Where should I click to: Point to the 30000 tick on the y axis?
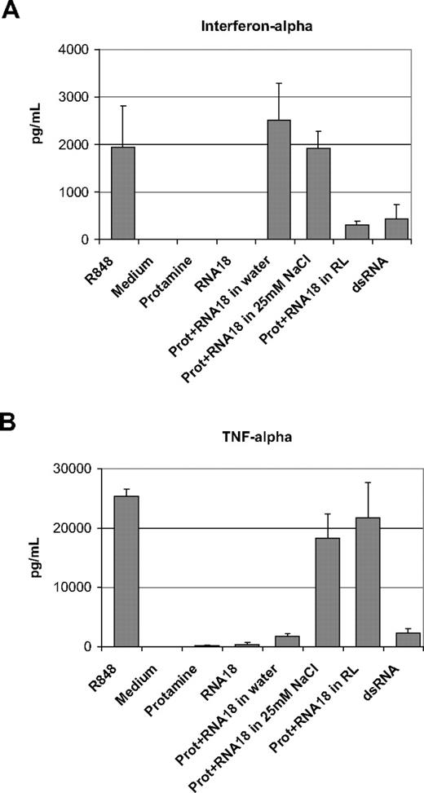73,469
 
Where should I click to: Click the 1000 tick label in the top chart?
78,192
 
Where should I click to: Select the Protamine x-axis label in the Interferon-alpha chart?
176,273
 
